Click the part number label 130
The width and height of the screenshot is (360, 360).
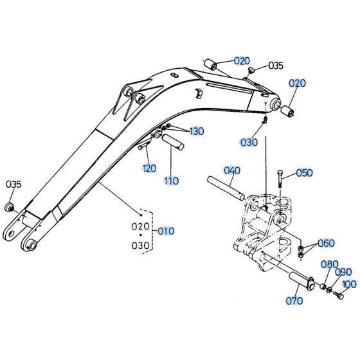(x=196, y=131)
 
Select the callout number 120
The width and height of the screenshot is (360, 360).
(x=149, y=168)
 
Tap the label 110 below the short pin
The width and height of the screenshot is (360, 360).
(x=170, y=181)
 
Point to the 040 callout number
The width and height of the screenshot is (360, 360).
(x=231, y=170)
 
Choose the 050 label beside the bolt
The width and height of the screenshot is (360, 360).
(x=304, y=173)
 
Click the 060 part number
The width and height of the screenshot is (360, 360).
(x=326, y=243)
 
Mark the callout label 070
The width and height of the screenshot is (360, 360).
(x=295, y=300)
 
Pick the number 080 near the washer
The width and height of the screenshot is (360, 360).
(x=329, y=264)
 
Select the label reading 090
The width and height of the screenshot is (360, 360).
(x=343, y=273)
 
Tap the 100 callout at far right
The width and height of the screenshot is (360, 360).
(x=349, y=283)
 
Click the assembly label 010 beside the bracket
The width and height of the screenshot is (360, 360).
(x=166, y=230)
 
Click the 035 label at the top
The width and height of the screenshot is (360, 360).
(x=276, y=65)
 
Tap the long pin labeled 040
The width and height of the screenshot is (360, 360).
(x=224, y=186)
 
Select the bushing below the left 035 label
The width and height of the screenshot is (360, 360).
(x=9, y=207)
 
